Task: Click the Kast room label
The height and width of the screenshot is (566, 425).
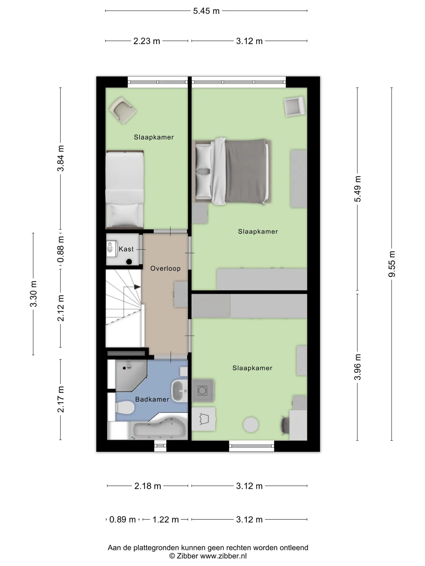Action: pyautogui.click(x=126, y=249)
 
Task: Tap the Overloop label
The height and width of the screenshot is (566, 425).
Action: pyautogui.click(x=165, y=269)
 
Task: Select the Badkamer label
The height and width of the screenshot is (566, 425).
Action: pyautogui.click(x=152, y=399)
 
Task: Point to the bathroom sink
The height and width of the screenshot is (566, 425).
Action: pyautogui.click(x=179, y=391)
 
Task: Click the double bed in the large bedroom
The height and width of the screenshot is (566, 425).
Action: pyautogui.click(x=232, y=171)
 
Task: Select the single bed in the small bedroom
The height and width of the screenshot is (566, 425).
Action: pyautogui.click(x=125, y=190)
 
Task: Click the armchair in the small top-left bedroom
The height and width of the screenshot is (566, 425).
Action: pyautogui.click(x=122, y=110)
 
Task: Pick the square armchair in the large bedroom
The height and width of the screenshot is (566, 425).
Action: pyautogui.click(x=294, y=107)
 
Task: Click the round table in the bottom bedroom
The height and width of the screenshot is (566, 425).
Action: pyautogui.click(x=251, y=425)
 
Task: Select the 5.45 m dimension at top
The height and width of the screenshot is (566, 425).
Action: pyautogui.click(x=206, y=11)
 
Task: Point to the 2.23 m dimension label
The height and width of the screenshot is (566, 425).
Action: pyautogui.click(x=147, y=41)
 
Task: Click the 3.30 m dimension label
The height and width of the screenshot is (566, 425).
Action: pyautogui.click(x=33, y=294)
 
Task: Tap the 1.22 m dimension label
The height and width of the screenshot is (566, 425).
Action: pyautogui.click(x=166, y=519)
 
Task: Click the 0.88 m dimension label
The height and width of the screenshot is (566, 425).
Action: pyautogui.click(x=61, y=249)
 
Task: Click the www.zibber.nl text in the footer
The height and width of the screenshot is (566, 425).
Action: pyautogui.click(x=223, y=556)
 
